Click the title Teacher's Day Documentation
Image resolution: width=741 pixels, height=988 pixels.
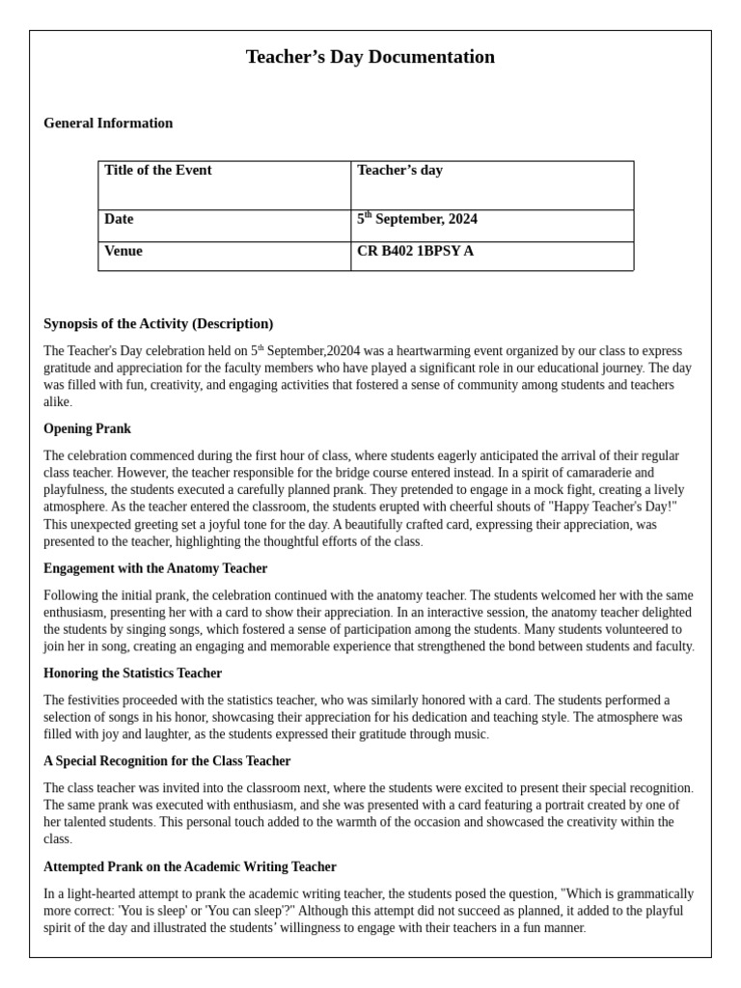pos(370,57)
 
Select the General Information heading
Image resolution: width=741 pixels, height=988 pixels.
pos(108,123)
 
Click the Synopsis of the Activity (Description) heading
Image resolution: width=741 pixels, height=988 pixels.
pos(158,323)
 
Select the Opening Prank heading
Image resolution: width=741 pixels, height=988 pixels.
pos(87,428)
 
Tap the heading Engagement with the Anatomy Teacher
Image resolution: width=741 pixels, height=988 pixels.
pos(155,568)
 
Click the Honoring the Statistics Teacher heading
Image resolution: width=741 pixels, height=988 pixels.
pos(132,673)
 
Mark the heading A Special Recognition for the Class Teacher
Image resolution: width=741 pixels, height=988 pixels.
pos(167,761)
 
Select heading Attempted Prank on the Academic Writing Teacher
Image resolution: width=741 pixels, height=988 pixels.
pos(190,866)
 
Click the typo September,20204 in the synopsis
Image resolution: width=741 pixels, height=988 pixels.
pos(313,351)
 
